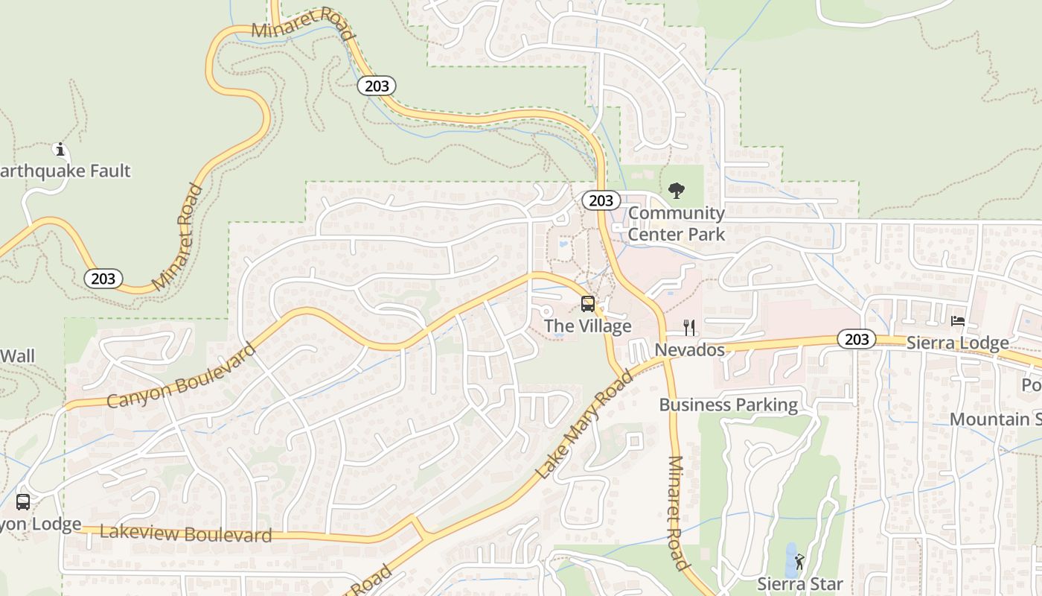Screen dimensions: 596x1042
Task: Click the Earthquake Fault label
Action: [65, 171]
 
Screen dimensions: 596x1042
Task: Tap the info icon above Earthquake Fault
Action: [61, 150]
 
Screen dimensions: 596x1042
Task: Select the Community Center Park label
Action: [676, 223]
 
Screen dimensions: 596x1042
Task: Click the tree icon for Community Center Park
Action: [676, 191]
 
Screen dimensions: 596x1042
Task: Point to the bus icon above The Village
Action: [588, 304]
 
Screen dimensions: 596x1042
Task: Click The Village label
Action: [587, 326]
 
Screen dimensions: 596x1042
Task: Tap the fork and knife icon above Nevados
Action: [689, 327]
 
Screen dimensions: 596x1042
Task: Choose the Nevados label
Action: [689, 349]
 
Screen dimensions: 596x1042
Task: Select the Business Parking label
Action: [728, 405]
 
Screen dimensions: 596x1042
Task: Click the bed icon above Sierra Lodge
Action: [958, 321]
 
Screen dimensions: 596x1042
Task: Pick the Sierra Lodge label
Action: [957, 343]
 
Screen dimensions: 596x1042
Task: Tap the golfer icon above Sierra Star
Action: [799, 561]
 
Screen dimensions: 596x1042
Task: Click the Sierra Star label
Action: [799, 583]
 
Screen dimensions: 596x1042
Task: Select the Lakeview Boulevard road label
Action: [185, 533]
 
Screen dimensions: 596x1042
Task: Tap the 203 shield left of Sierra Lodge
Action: [856, 339]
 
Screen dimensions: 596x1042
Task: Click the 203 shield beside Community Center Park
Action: [600, 200]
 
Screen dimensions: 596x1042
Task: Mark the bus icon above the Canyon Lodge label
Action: [23, 502]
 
